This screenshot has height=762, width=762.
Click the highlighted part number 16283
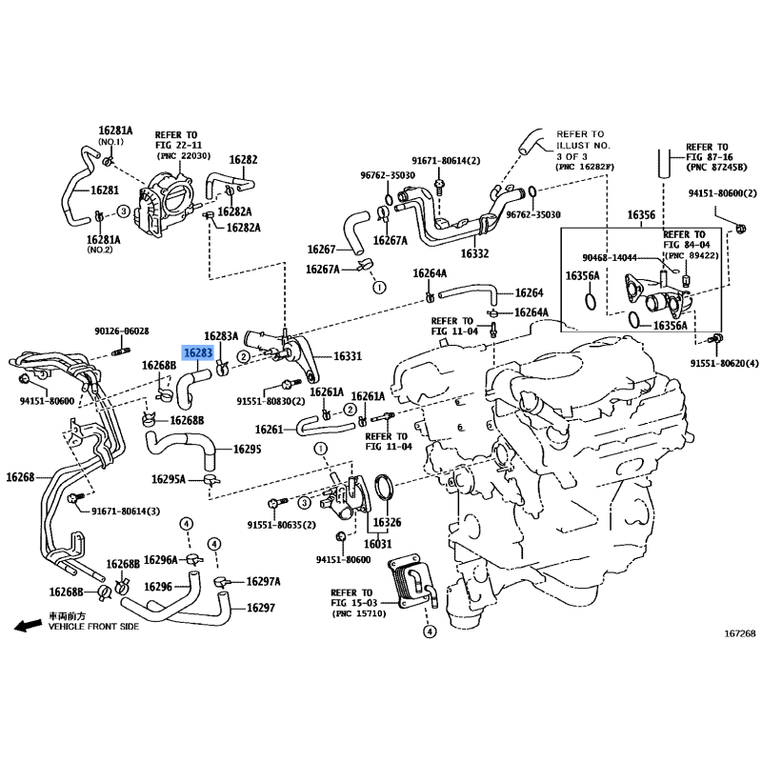(x=197, y=351)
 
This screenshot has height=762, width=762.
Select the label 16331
(x=347, y=356)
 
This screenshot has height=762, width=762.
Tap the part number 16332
(x=474, y=254)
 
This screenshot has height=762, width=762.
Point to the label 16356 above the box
(x=640, y=215)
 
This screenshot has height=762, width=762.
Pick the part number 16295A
(x=170, y=478)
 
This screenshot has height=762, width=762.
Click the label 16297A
(x=263, y=580)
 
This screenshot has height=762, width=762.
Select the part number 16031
(x=380, y=544)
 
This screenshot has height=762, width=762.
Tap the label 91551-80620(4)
(x=723, y=363)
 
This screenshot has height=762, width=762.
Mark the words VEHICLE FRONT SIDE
(x=93, y=628)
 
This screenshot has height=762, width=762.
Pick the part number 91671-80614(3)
(x=126, y=511)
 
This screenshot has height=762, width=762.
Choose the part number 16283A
(x=221, y=335)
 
